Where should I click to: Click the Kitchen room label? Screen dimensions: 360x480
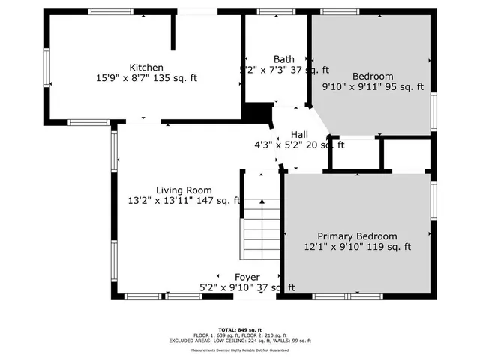[x=146, y=67]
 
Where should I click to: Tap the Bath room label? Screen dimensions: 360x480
[x=283, y=59]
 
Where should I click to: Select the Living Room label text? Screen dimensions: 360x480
[x=184, y=190]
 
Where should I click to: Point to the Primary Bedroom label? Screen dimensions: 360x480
[x=357, y=235]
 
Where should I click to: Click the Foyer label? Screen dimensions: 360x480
[x=247, y=277]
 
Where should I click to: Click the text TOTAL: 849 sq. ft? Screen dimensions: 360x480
[x=240, y=330]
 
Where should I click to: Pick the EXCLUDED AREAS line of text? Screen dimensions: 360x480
[x=240, y=340]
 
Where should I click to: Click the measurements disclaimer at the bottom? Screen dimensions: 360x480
[x=240, y=349]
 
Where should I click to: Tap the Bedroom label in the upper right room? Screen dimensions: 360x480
[x=373, y=76]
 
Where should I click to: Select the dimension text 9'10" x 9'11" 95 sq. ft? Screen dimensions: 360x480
[x=373, y=87]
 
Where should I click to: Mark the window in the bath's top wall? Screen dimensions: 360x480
[x=271, y=12]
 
